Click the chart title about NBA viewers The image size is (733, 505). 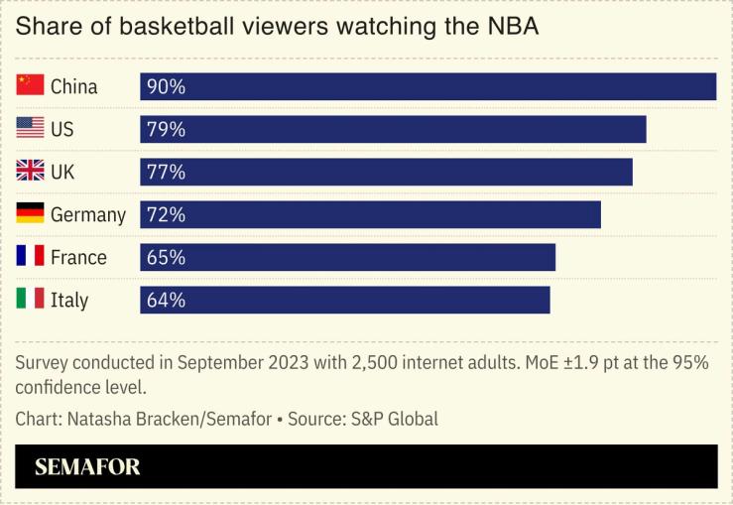[x=277, y=27]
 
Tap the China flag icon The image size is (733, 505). [x=31, y=85]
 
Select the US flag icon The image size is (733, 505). [x=31, y=128]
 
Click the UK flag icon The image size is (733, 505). [x=31, y=171]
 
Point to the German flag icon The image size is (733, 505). [x=31, y=213]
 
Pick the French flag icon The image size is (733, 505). [x=31, y=256]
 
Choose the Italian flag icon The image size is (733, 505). [x=31, y=299]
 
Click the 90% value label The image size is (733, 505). [x=166, y=86]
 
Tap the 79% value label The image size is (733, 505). [x=166, y=129]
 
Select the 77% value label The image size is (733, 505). [x=166, y=172]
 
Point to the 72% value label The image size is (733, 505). [x=166, y=214]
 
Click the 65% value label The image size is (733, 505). [x=166, y=257]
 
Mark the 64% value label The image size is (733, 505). [x=166, y=300]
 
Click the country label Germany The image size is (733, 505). [x=88, y=215]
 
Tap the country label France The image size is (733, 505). [x=78, y=258]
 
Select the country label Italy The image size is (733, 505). [x=69, y=301]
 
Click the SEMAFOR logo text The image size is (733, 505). [x=87, y=467]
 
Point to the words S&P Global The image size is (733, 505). [x=394, y=419]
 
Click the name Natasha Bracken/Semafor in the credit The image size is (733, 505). [x=170, y=419]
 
